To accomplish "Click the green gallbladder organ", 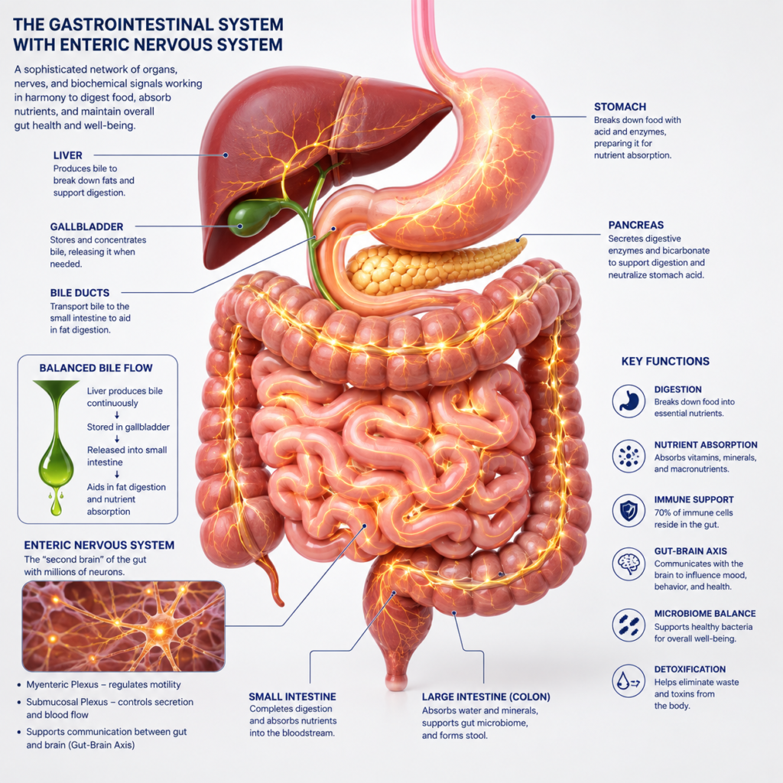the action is (x=251, y=217).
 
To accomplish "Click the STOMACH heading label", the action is (x=619, y=107).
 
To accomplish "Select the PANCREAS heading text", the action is (x=635, y=226).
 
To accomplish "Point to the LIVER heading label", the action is (x=68, y=155).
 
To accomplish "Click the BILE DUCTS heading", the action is (x=80, y=293).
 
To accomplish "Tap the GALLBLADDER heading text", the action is (x=86, y=226).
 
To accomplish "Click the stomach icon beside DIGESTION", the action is (x=629, y=401).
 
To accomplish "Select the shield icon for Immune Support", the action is (x=629, y=510).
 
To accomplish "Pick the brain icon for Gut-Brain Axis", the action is (x=629, y=564).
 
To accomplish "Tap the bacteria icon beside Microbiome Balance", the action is (x=629, y=625).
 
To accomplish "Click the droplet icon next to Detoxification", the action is (x=629, y=681).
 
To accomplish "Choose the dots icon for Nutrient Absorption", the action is (x=629, y=456).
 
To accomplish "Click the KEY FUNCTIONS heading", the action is (x=665, y=362).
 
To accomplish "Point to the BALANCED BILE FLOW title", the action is (x=96, y=368).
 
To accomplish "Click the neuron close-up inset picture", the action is (x=123, y=626).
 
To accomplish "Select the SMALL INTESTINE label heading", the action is (x=293, y=697).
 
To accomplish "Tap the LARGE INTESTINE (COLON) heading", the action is (x=486, y=697).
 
